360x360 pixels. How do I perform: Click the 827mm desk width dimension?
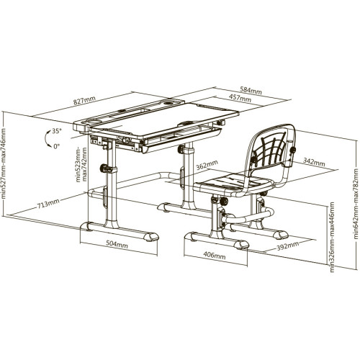84,99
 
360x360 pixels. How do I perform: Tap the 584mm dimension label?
251,90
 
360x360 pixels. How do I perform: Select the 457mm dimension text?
240,98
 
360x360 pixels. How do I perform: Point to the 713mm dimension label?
48,204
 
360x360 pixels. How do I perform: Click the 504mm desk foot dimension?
117,244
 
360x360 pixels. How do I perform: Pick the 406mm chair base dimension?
215,255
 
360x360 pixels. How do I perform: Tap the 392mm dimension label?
288,246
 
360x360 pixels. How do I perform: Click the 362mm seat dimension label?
207,165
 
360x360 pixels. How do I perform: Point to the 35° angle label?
57,131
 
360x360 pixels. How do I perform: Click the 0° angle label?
56,146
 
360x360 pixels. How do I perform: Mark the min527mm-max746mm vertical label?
3,164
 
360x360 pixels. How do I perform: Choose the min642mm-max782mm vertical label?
356,204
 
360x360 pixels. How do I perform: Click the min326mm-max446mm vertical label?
332,237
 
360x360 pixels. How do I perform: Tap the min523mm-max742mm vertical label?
81,165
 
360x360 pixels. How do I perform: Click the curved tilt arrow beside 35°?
46,138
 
